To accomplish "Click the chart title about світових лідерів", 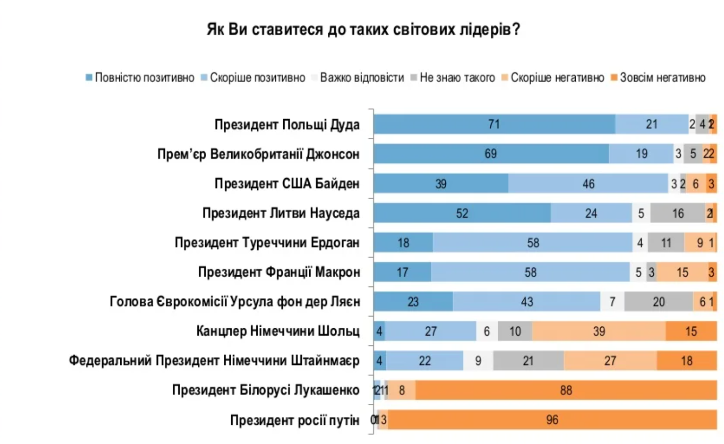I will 363,29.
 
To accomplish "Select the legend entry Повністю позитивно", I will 140,78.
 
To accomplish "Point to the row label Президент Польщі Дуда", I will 287,125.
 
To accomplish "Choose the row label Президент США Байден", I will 287,183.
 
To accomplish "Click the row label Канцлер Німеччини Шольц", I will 278,331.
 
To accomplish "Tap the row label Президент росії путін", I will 295,420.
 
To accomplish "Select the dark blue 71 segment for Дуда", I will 494,125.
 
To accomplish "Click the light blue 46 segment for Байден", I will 588,184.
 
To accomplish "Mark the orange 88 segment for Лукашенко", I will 565,391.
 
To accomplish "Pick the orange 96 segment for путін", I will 552,420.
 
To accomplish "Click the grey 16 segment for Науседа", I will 678,213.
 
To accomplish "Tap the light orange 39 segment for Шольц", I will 599,331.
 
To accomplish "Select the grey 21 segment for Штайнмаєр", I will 528,361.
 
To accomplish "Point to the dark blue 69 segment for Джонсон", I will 490,154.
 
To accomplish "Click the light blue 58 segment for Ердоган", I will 533,243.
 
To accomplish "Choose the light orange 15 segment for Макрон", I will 682,272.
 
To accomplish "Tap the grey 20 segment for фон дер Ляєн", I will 658,302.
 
